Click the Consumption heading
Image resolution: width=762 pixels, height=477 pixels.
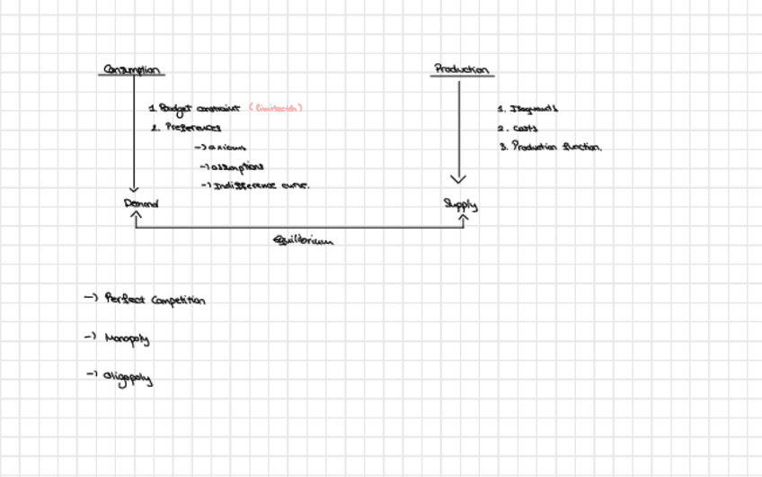[x=132, y=69]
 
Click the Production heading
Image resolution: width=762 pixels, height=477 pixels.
[x=462, y=68]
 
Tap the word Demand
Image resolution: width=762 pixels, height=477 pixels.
[x=141, y=203]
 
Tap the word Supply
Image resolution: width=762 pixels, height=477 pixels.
[x=460, y=204]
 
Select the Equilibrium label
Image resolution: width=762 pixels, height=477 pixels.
[x=301, y=239]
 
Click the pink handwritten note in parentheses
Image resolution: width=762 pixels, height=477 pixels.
[x=275, y=108]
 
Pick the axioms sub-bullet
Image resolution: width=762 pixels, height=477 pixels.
[x=220, y=148]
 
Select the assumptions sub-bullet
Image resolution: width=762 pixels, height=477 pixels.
[x=232, y=166]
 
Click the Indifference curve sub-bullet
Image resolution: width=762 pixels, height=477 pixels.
[x=255, y=185]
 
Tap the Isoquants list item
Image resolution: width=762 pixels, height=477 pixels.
[x=528, y=109]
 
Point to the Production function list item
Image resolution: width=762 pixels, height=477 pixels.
[x=550, y=147]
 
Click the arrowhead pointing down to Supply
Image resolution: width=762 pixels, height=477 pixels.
[x=459, y=178]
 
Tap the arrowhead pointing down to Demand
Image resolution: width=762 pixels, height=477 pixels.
[x=134, y=188]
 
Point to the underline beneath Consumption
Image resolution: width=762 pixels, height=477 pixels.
[x=130, y=76]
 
